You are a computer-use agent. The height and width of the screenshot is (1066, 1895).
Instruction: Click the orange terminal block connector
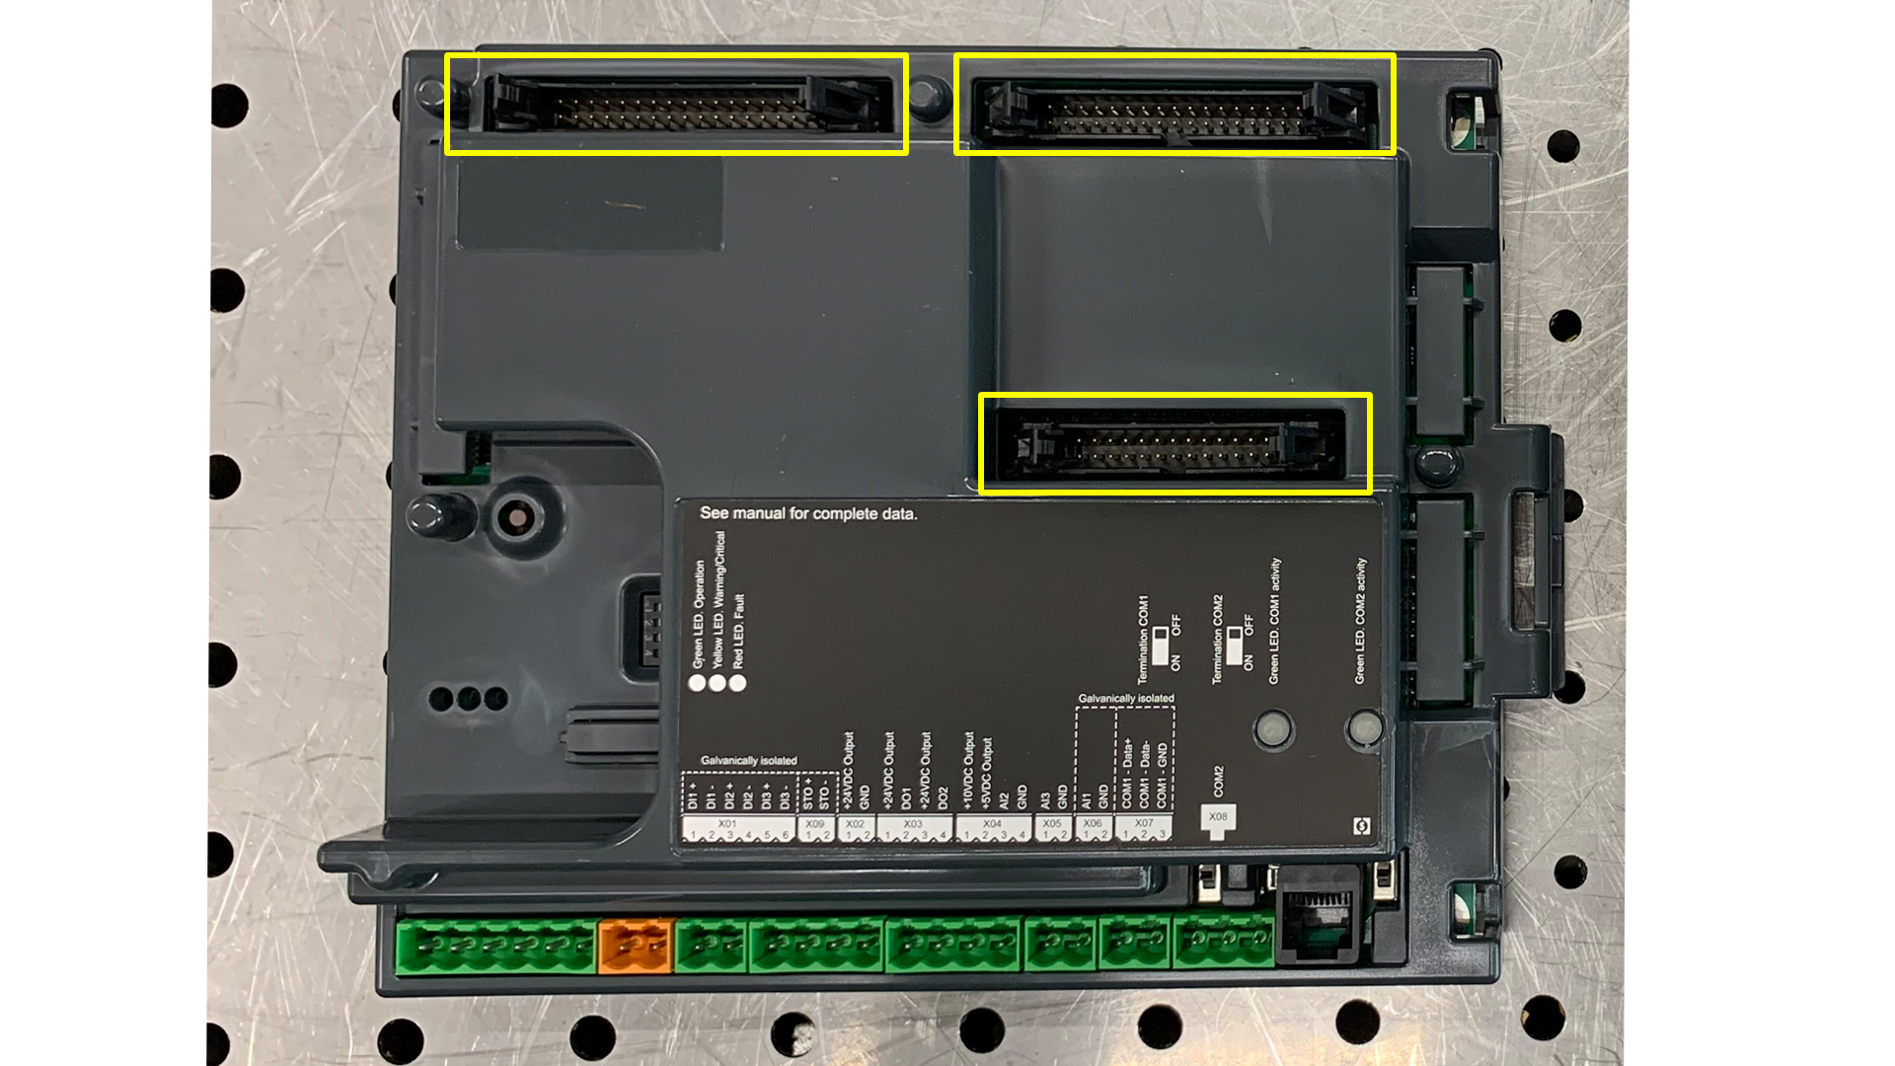[x=636, y=946]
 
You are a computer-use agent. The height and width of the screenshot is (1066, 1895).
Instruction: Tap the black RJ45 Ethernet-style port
[x=1319, y=918]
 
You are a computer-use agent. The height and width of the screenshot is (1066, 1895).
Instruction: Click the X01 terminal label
[x=727, y=824]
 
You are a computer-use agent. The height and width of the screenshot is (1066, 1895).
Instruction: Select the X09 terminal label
[x=814, y=824]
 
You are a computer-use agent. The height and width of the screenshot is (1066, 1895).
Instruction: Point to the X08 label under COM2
[x=1218, y=817]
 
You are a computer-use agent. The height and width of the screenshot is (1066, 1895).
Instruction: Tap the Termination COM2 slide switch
[x=1234, y=644]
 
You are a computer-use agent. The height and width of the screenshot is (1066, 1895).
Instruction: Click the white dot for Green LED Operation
[x=697, y=683]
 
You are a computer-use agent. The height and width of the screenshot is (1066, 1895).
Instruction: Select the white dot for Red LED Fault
[x=737, y=683]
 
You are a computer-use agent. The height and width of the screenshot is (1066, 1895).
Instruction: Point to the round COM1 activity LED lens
[x=1273, y=730]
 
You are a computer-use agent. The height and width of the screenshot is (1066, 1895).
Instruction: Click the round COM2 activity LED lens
[x=1365, y=729]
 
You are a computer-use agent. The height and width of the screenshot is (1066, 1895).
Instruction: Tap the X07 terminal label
[x=1144, y=823]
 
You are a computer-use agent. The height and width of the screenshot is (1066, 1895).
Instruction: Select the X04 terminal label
[x=992, y=824]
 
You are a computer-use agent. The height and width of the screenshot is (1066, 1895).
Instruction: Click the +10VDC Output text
[x=968, y=770]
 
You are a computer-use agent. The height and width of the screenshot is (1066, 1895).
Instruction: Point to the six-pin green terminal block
[x=495, y=946]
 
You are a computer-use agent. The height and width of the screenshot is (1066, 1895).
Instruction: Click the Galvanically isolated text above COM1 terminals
[x=1126, y=699]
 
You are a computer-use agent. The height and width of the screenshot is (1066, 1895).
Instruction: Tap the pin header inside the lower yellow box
[x=1174, y=446]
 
